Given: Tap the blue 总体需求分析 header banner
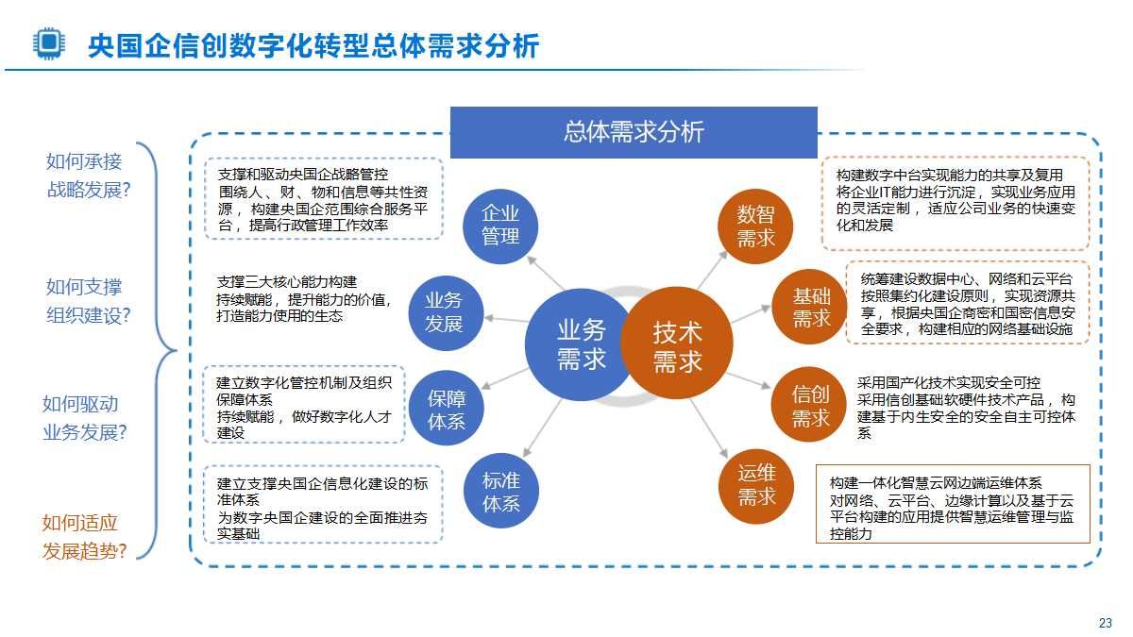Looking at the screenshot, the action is click(x=633, y=132).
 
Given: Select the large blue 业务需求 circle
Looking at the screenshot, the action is click(x=580, y=344).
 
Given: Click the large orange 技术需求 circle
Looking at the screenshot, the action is click(x=677, y=345).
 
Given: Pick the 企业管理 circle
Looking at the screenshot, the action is click(x=500, y=225).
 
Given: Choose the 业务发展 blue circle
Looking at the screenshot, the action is click(x=444, y=311).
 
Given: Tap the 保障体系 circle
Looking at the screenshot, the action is click(x=447, y=410).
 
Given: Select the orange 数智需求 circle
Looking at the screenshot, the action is click(x=755, y=226).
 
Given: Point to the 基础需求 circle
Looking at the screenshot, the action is click(x=810, y=307).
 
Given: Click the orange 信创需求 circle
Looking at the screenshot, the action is click(x=809, y=406).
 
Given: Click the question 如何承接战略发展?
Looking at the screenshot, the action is click(x=88, y=176).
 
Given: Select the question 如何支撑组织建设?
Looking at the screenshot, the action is click(x=88, y=300).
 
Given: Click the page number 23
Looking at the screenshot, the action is click(x=1106, y=623).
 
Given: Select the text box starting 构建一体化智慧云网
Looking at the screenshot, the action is click(x=952, y=503).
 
